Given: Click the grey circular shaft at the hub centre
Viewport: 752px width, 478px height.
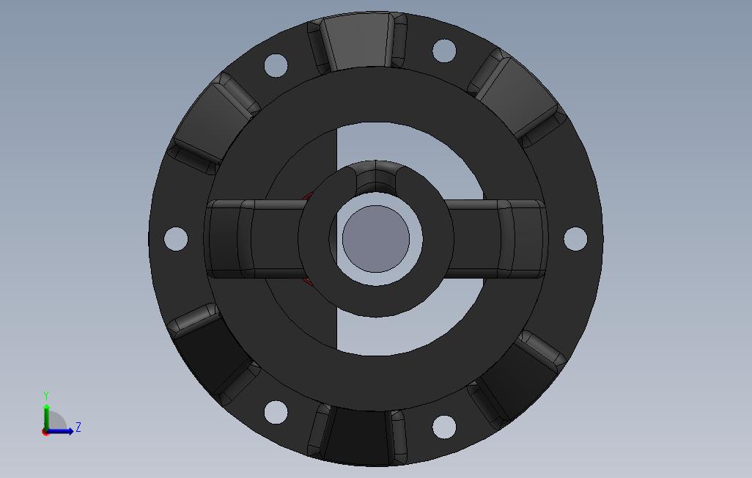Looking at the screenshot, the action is pos(376,239).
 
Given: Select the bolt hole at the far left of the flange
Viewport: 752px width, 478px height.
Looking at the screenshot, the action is pos(176,238).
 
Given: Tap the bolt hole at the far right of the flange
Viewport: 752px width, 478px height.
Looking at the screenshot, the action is pos(575,238).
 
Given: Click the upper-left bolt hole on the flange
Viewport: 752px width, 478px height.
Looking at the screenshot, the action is pos(276,65).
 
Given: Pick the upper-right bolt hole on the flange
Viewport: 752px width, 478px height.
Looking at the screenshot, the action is pos(444,51).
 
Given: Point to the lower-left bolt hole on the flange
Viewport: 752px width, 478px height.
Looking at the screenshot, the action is pos(276,412).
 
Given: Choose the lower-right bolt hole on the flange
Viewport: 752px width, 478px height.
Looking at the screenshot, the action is pos(444,427).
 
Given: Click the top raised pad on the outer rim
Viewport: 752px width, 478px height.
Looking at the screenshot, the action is pos(357,43).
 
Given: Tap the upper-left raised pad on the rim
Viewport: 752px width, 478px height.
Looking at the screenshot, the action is pos(213,123).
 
